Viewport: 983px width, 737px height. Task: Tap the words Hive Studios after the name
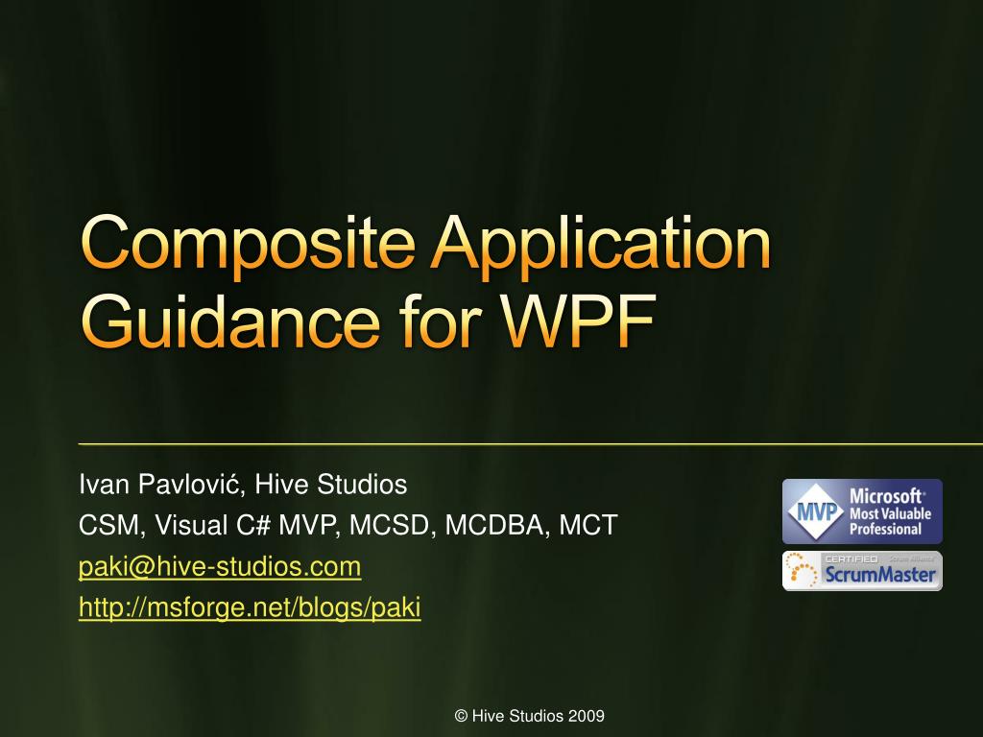point(330,486)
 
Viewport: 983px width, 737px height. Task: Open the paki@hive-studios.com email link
point(220,567)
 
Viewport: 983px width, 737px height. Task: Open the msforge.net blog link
point(250,608)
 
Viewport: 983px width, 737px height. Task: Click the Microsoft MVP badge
point(862,511)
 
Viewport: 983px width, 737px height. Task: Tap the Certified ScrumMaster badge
point(862,571)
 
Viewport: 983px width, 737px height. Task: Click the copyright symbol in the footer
point(461,716)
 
